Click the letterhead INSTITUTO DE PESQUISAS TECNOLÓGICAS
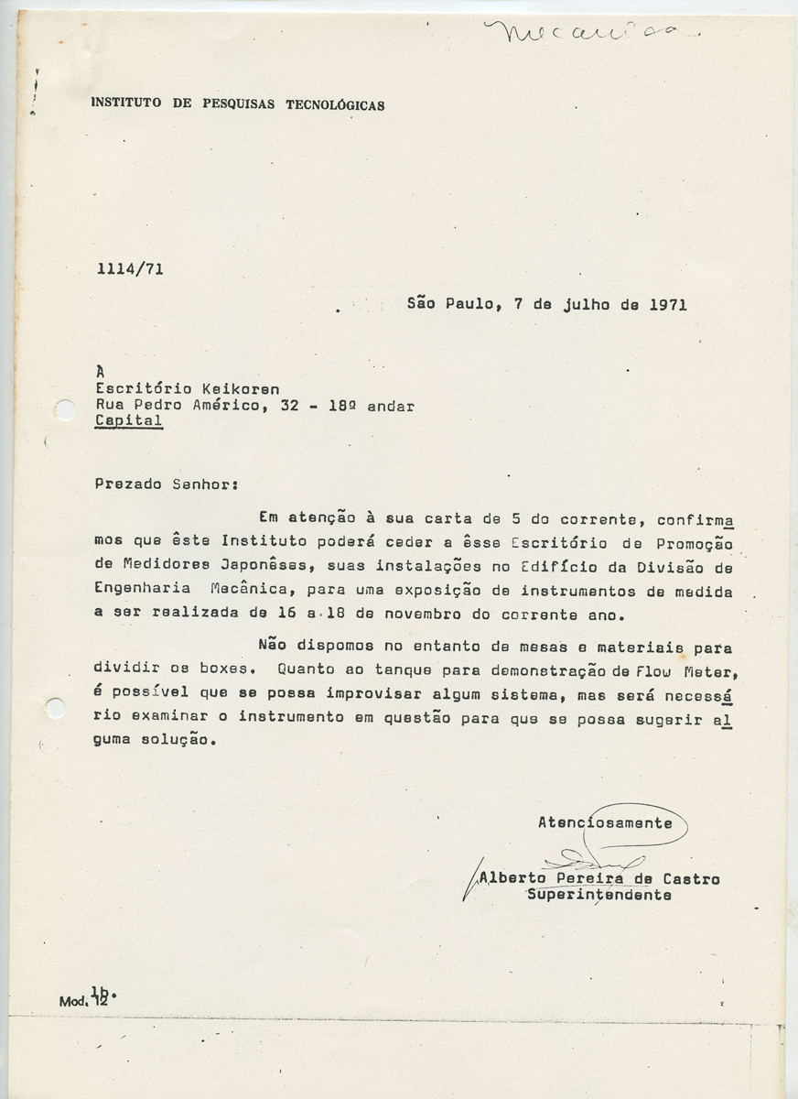[x=238, y=104]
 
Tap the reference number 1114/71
[x=129, y=269]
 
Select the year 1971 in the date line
[x=667, y=305]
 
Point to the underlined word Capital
[x=129, y=421]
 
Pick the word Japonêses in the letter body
[x=274, y=565]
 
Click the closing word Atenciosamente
[x=605, y=822]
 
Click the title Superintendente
[x=598, y=896]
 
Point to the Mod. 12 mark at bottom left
[x=84, y=1001]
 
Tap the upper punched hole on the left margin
[x=64, y=409]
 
